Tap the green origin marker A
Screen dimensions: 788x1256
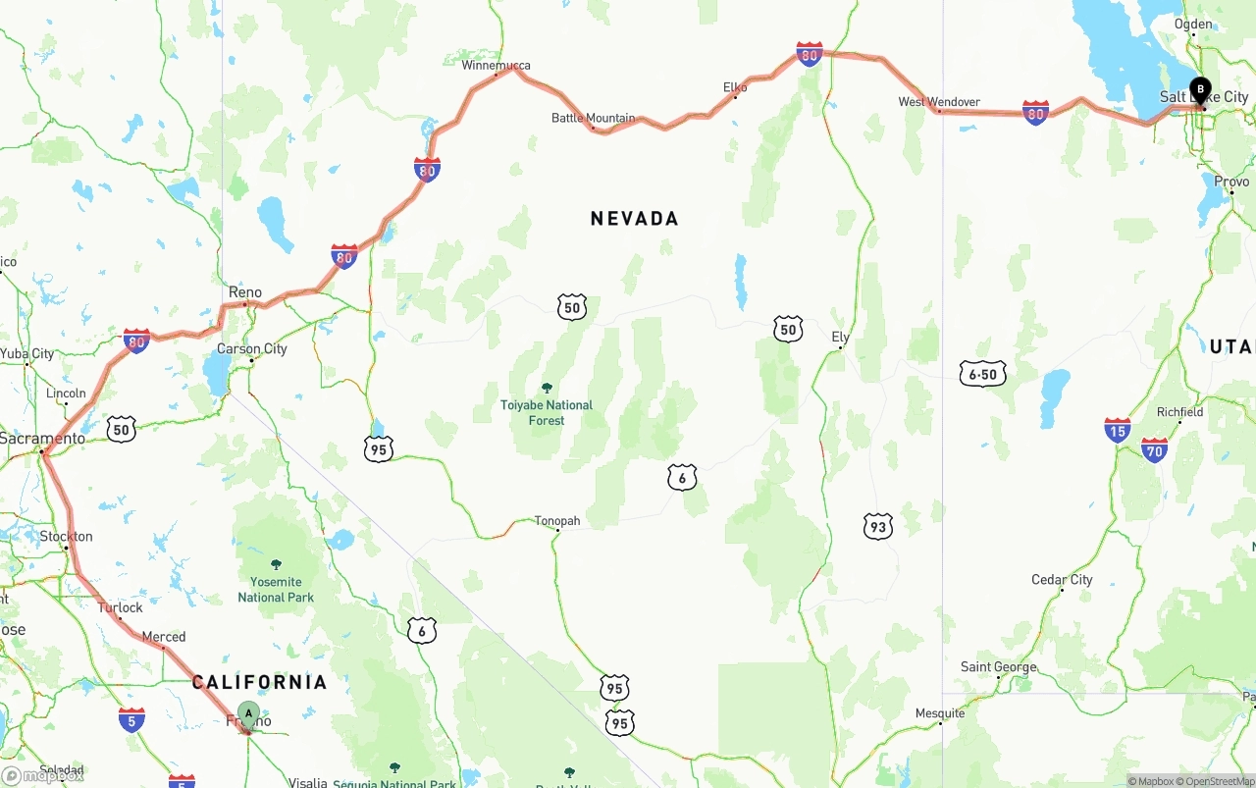pyautogui.click(x=248, y=714)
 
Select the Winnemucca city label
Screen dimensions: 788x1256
pyautogui.click(x=496, y=66)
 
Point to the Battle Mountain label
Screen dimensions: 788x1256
pyautogui.click(x=593, y=118)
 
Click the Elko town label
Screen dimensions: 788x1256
pyautogui.click(x=735, y=87)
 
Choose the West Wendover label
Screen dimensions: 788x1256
pyautogui.click(x=939, y=101)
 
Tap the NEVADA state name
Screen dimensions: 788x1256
pyautogui.click(x=634, y=218)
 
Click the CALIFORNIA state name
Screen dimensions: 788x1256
pyautogui.click(x=259, y=682)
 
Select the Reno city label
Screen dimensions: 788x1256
pyautogui.click(x=245, y=292)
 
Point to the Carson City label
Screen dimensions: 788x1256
pyautogui.click(x=252, y=348)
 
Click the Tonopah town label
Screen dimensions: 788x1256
pyautogui.click(x=557, y=521)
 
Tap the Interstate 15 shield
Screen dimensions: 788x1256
pyautogui.click(x=1117, y=429)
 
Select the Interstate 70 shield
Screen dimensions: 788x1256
pyautogui.click(x=1155, y=450)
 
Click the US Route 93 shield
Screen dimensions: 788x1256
pyautogui.click(x=877, y=526)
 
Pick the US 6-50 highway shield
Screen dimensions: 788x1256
pyautogui.click(x=982, y=374)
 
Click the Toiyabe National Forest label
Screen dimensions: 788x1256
pyautogui.click(x=547, y=412)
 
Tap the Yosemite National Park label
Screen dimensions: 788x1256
pyautogui.click(x=276, y=590)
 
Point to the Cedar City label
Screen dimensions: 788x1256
pyautogui.click(x=1062, y=580)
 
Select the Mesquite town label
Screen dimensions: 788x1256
pyautogui.click(x=939, y=713)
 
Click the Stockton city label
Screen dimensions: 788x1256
pyautogui.click(x=67, y=537)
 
